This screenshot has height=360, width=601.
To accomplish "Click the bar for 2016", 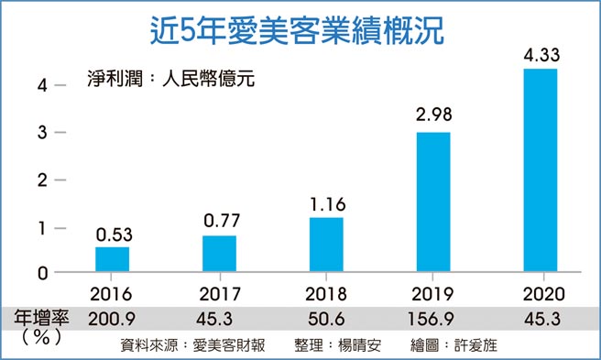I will pyautogui.click(x=113, y=259).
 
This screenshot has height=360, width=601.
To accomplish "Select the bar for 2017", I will pyautogui.click(x=219, y=254).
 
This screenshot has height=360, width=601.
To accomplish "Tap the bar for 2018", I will pyautogui.click(x=326, y=245).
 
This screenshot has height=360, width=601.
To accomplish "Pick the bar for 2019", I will pyautogui.click(x=433, y=202).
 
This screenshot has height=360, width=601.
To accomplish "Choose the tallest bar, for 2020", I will pyautogui.click(x=541, y=169).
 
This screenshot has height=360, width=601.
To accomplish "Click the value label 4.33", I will pyautogui.click(x=541, y=57).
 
